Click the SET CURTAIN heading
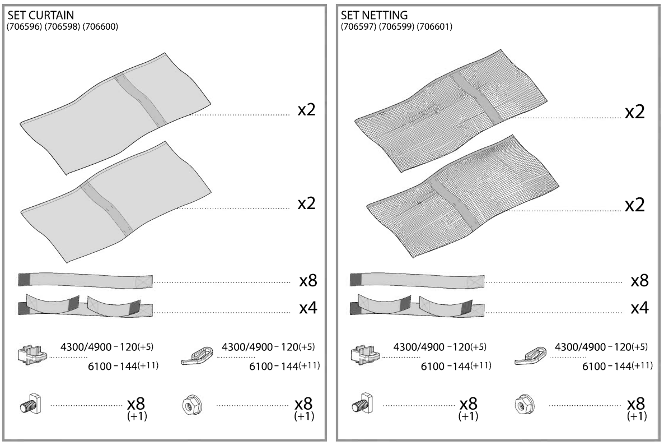point(36,16)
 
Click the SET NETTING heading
point(368,16)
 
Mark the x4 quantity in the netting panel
point(639,308)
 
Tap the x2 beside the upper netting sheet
point(635,112)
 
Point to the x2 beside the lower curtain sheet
point(306,203)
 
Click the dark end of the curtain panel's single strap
point(24,279)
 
